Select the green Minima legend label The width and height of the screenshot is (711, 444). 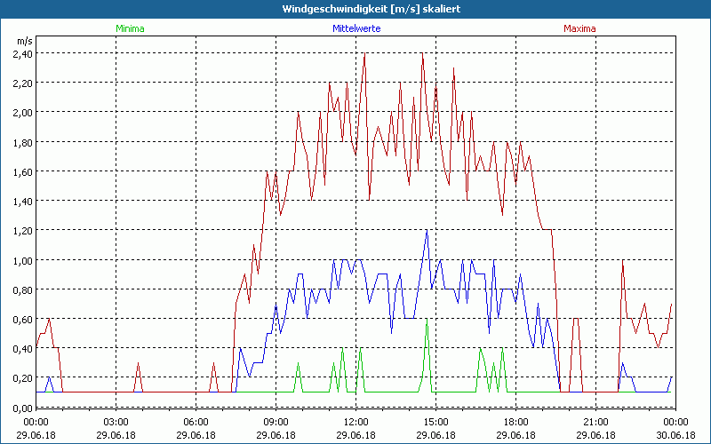(130, 28)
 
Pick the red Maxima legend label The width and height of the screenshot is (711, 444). (580, 28)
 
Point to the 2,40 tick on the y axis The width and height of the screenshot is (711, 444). (22, 53)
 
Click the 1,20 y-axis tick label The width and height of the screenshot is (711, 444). (22, 231)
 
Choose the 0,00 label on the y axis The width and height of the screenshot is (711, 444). (22, 408)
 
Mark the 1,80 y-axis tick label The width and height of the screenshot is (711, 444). (22, 142)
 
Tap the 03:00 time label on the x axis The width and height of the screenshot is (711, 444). (116, 422)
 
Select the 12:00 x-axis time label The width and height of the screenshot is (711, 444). (355, 422)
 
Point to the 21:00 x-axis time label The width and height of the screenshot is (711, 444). (595, 422)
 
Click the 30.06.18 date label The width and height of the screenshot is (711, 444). (675, 434)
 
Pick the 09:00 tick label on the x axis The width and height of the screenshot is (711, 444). (276, 422)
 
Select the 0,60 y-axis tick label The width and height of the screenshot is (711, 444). (22, 320)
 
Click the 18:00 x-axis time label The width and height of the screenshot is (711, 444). (515, 422)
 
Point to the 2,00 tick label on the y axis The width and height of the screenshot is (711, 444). (22, 113)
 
